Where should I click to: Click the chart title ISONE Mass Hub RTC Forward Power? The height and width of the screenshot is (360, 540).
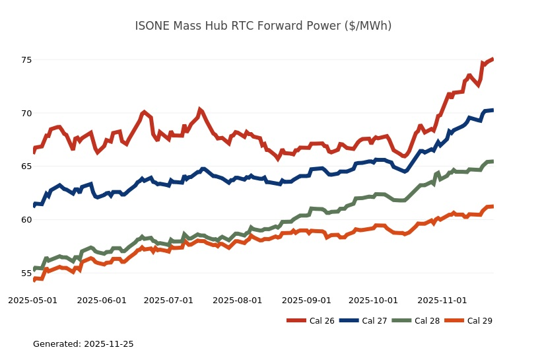[263, 26]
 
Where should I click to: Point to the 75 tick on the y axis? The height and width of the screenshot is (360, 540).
[26, 60]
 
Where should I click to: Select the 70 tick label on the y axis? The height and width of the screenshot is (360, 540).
[26, 113]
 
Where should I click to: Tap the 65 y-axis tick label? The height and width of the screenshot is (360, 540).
[26, 166]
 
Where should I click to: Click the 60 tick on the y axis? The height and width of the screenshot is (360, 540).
[26, 219]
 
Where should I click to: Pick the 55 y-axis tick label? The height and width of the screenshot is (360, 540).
[26, 273]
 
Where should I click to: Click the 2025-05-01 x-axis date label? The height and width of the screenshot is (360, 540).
[32, 300]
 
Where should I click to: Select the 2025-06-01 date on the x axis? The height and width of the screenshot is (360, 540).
[102, 300]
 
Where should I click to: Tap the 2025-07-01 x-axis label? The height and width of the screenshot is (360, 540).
[168, 300]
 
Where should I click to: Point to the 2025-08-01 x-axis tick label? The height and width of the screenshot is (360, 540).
[238, 300]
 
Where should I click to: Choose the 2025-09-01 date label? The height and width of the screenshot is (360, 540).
[306, 300]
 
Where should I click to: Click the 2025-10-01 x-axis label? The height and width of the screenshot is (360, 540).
[373, 300]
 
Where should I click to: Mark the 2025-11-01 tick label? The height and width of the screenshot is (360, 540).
[442, 300]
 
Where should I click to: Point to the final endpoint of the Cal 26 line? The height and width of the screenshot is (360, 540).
[493, 59]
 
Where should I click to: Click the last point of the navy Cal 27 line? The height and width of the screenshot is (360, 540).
[493, 110]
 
